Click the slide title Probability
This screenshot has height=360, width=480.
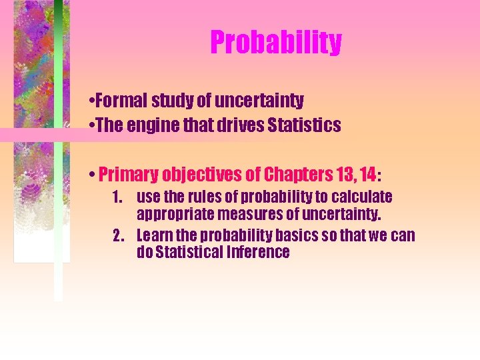point(276,42)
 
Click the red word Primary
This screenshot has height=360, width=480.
point(127,175)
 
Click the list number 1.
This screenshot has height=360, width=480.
point(117,197)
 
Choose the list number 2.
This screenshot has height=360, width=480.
point(118,236)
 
